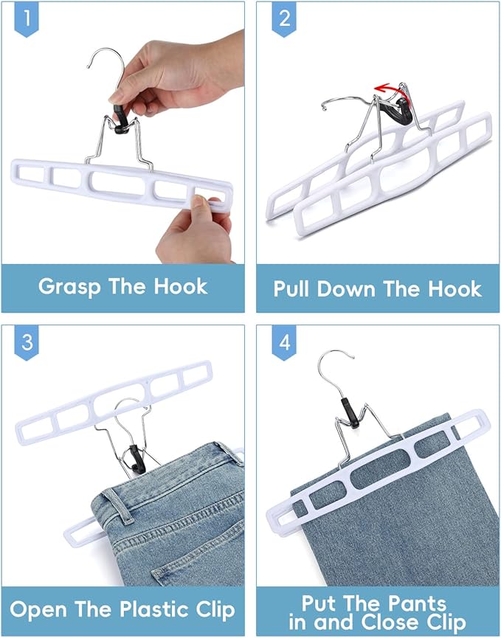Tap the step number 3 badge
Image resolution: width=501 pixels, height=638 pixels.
pyautogui.click(x=27, y=343)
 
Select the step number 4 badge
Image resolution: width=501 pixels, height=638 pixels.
pyautogui.click(x=284, y=343)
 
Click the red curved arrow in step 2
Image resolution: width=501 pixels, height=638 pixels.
pyautogui.click(x=390, y=89)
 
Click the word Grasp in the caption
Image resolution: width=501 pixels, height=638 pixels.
pyautogui.click(x=72, y=286)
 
